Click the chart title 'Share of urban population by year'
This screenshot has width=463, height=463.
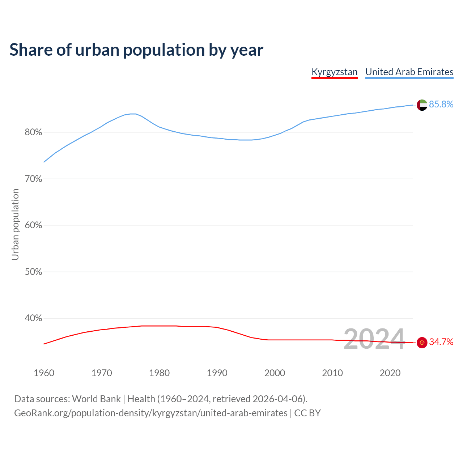click(x=136, y=50)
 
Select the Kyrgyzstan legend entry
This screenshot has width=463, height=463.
click(x=334, y=72)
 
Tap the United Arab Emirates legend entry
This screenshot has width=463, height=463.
click(x=409, y=72)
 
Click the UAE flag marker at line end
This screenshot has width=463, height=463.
click(x=422, y=105)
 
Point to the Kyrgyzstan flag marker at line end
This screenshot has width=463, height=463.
click(x=422, y=342)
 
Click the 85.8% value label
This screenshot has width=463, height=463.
click(x=441, y=105)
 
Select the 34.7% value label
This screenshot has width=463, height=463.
click(x=441, y=342)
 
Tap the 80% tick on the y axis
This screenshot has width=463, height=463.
click(x=33, y=132)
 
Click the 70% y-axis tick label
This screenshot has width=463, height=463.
click(x=33, y=179)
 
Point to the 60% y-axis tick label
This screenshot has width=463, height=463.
click(x=33, y=225)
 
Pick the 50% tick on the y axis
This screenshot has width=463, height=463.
click(x=33, y=272)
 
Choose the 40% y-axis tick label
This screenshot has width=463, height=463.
click(x=33, y=318)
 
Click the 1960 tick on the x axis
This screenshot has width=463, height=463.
click(x=44, y=373)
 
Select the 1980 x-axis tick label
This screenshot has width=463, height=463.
click(x=160, y=373)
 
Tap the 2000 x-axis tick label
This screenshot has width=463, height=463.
click(x=275, y=373)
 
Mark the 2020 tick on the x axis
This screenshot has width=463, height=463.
click(x=390, y=373)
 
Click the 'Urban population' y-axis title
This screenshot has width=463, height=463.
click(x=15, y=224)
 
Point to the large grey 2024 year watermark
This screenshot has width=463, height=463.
click(x=374, y=339)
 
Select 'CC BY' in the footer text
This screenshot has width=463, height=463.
click(x=307, y=413)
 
